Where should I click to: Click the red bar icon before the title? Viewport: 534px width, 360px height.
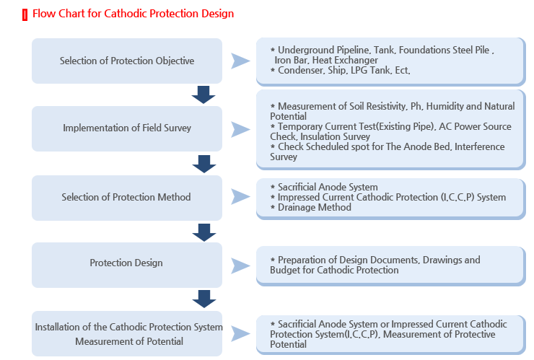click(x=25, y=15)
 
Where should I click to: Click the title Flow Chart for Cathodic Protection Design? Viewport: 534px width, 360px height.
click(x=133, y=14)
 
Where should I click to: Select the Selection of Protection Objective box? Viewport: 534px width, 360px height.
click(x=127, y=61)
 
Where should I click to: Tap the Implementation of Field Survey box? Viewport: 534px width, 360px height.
click(x=127, y=128)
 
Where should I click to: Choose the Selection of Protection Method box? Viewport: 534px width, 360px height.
click(x=127, y=198)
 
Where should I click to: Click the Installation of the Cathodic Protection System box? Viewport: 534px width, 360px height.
click(x=127, y=334)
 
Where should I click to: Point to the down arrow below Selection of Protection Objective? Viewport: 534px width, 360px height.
click(x=203, y=95)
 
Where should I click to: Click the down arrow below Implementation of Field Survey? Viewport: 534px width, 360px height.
click(x=204, y=164)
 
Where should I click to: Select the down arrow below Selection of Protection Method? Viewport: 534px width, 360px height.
click(x=204, y=232)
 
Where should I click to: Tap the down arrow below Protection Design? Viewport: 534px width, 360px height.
click(x=204, y=299)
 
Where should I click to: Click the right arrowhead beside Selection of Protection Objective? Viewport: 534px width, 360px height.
click(x=240, y=61)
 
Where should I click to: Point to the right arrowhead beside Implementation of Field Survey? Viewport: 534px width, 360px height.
click(x=240, y=129)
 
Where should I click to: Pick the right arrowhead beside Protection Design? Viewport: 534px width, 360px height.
click(x=240, y=266)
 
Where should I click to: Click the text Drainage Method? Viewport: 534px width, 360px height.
click(x=315, y=207)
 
